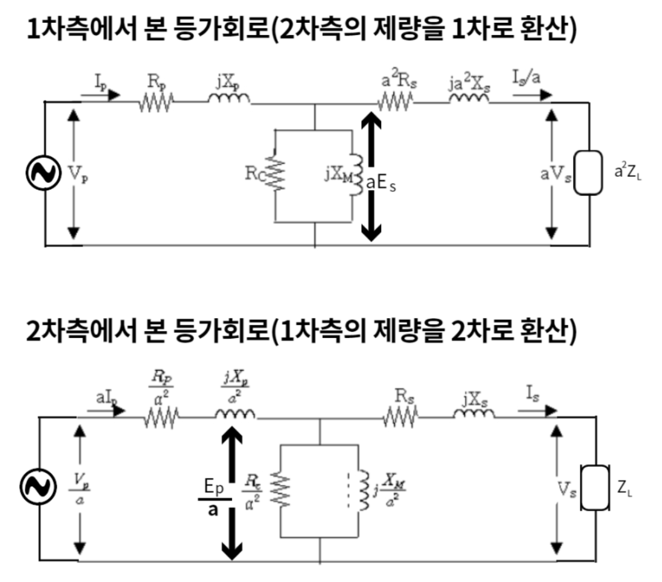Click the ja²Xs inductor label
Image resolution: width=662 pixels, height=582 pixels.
(468, 82)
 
